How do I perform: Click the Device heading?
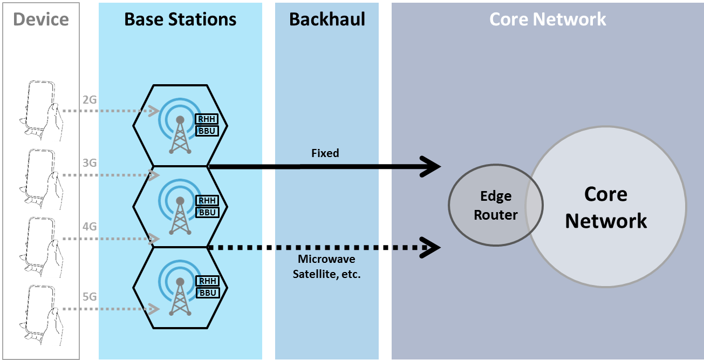tap(41, 20)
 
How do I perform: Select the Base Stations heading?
tap(180, 20)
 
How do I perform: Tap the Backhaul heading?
tap(327, 20)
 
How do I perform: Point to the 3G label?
tap(90, 162)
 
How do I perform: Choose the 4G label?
tap(90, 226)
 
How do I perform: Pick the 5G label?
tap(90, 296)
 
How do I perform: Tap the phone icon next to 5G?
tap(39, 313)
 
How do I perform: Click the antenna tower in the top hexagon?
tap(180, 132)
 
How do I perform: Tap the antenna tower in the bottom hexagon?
tap(180, 295)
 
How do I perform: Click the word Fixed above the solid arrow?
tap(325, 153)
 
